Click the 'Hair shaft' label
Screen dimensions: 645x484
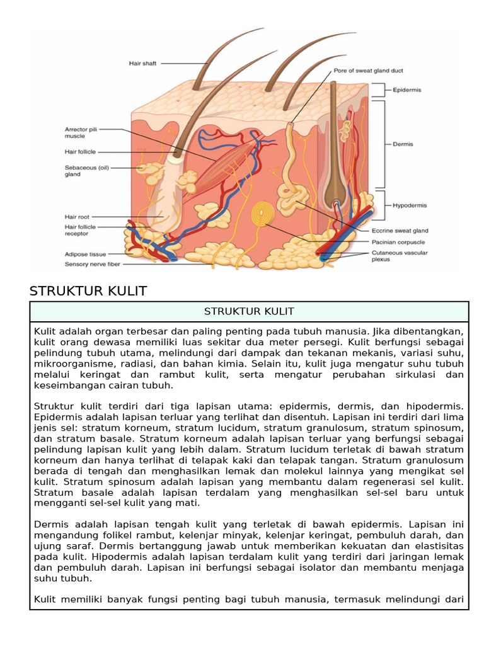[x=142, y=63]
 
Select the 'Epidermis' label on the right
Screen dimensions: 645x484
[x=407, y=90]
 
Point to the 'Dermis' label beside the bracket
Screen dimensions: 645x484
[x=403, y=144]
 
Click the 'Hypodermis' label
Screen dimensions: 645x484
[x=410, y=205]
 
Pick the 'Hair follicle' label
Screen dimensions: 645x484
[x=80, y=152]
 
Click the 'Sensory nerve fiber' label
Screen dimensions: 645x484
[x=93, y=265]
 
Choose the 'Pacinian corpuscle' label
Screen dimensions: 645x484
[x=398, y=242]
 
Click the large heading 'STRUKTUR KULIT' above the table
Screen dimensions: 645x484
[x=88, y=291]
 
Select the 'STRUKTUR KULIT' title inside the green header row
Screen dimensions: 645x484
[x=249, y=312]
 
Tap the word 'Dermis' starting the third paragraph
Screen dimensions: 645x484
[x=49, y=524]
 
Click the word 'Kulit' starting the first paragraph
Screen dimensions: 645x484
[x=46, y=331]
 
